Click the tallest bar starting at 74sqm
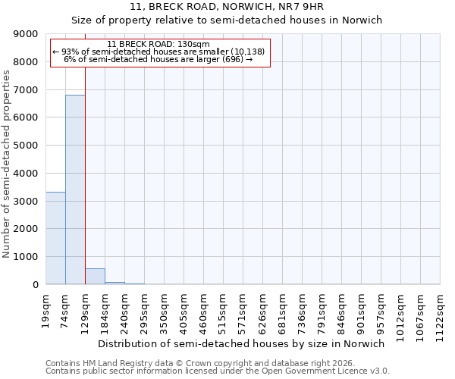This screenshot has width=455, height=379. click(x=75, y=189)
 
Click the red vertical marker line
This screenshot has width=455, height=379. click(x=85, y=174)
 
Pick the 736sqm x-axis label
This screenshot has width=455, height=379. click(x=303, y=309)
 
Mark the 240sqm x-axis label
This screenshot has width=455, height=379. click(x=125, y=309)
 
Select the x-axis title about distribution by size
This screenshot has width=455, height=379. click(x=242, y=343)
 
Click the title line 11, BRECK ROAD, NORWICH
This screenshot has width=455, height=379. click(x=227, y=7)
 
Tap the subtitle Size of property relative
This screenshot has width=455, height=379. click(x=227, y=20)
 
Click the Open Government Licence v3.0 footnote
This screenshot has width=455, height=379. click(x=218, y=371)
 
